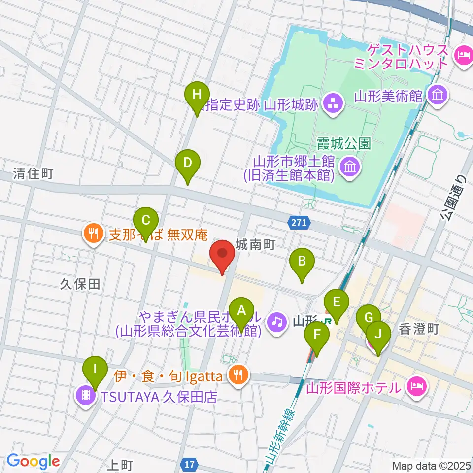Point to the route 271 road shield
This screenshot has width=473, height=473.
click(x=299, y=223)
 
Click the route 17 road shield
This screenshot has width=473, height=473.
click(x=190, y=464)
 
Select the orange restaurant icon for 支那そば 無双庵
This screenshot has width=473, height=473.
click(x=92, y=231)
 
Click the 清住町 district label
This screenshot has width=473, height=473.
click(x=34, y=173)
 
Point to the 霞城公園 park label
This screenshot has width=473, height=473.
click(x=344, y=143)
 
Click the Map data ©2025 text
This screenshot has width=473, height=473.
click(x=432, y=465)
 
